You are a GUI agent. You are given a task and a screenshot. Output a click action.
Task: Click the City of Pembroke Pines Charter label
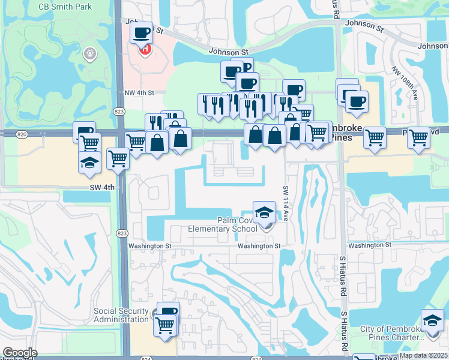[x=400, y=334]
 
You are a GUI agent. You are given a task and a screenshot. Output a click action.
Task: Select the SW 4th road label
[x=101, y=187]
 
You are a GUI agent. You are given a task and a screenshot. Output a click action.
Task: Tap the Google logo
[x=20, y=353]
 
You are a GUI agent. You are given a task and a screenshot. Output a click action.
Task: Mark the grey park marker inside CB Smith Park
[x=91, y=53]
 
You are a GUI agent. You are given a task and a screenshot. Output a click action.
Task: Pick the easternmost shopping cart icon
[x=418, y=137]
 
